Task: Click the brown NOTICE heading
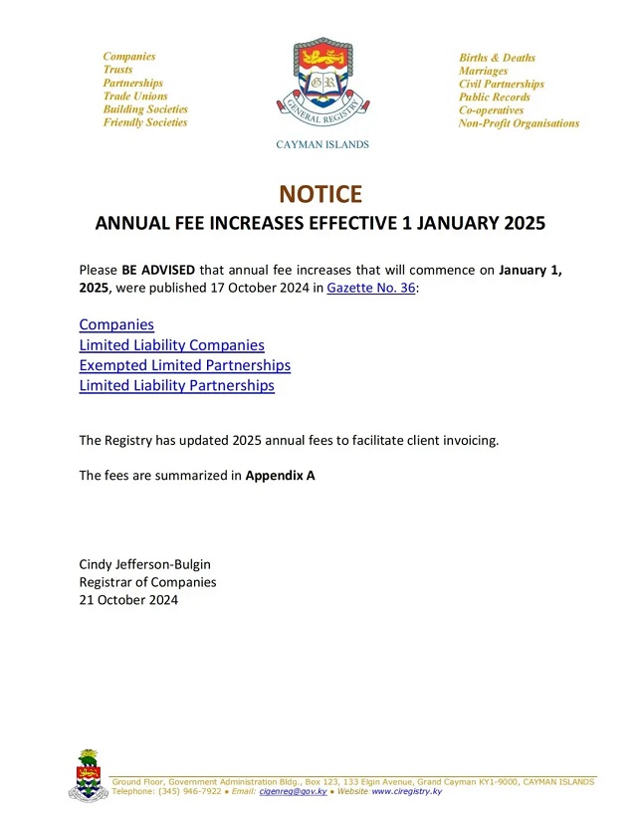(319, 193)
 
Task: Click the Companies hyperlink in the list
(116, 324)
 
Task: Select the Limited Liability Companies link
(171, 345)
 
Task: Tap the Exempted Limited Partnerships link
(184, 365)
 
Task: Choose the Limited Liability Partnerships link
(176, 385)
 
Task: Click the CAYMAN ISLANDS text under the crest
(321, 144)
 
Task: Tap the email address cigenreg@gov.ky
(294, 791)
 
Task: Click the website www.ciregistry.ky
(406, 791)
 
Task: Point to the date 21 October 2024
(128, 600)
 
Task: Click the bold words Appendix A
(280, 476)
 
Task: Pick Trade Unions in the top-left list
(135, 97)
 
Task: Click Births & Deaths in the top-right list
(497, 58)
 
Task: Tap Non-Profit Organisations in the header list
(519, 123)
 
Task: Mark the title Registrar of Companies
(147, 582)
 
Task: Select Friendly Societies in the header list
(145, 122)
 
